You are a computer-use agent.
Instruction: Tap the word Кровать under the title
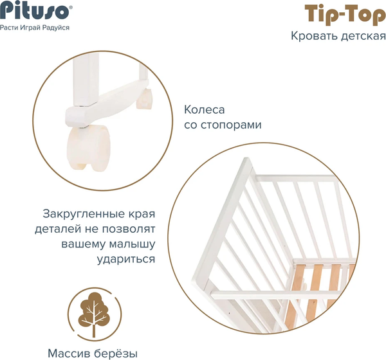(x=313, y=36)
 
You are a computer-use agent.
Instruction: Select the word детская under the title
(x=362, y=36)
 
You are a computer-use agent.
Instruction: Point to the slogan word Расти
(x=10, y=28)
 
